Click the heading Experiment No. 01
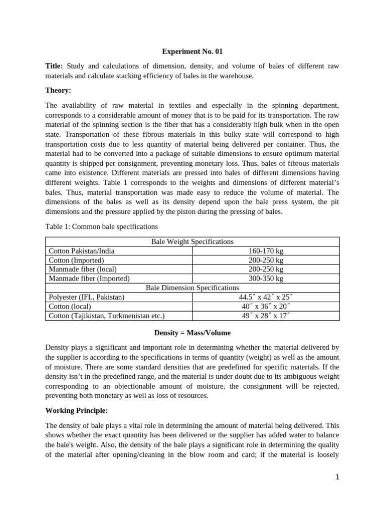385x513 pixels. (192, 51)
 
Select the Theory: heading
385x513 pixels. (59, 90)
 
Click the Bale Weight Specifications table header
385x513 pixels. (192, 241)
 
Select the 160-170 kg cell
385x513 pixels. (266, 251)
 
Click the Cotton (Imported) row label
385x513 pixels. (76, 260)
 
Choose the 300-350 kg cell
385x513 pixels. (266, 279)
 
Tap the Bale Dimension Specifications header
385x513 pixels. (192, 288)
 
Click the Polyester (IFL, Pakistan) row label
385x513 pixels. (86, 297)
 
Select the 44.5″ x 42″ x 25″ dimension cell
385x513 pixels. (266, 297)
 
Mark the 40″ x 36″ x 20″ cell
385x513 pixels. (266, 306)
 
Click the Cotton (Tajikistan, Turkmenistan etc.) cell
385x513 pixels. (106, 316)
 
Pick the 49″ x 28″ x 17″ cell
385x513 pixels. (266, 316)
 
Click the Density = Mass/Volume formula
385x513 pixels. (192, 333)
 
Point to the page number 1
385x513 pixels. (338, 477)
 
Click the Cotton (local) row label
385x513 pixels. (70, 306)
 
